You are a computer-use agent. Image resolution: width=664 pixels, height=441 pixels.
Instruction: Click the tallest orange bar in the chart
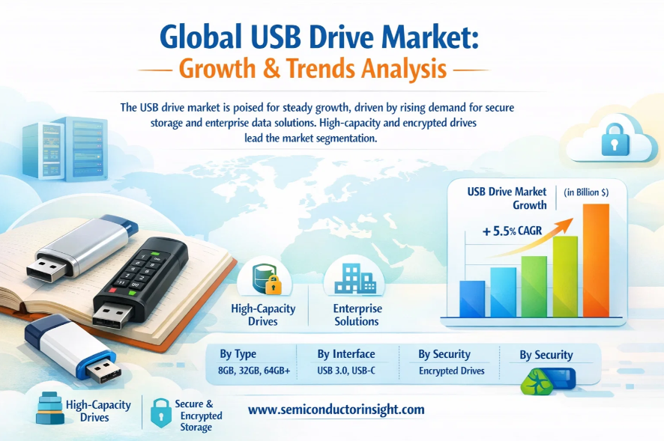coord(596,261)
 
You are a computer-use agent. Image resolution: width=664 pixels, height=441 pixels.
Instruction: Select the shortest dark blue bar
coord(472,299)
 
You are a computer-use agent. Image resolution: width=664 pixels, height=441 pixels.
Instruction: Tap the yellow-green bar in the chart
coord(565,276)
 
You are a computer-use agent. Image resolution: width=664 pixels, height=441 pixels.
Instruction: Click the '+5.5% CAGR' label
coord(512,231)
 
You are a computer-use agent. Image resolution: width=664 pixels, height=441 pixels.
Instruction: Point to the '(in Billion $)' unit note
coord(586,192)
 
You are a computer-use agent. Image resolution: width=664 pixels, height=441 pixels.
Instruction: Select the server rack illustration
coord(64,148)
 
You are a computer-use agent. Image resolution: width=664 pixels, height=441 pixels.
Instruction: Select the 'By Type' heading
coord(238,354)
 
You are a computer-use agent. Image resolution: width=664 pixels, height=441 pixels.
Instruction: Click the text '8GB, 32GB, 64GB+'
coord(254,371)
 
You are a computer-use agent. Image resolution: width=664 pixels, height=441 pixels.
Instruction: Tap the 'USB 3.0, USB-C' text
coord(346,371)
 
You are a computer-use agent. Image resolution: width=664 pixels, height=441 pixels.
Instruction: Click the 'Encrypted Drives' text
coord(451,371)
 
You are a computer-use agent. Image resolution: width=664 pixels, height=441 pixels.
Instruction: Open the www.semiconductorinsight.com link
coord(336,410)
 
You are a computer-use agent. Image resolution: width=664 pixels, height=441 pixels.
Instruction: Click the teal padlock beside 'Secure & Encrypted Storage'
coord(161,413)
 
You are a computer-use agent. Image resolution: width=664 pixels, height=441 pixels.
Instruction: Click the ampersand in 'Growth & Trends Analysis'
coord(271,69)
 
